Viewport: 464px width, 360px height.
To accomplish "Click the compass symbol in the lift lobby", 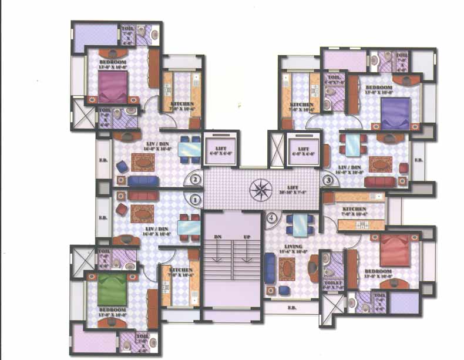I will click(258, 189).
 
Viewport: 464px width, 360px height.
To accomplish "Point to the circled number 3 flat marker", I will click(327, 180).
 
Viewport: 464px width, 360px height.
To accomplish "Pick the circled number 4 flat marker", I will click(271, 218).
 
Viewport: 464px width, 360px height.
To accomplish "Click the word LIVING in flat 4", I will click(292, 247).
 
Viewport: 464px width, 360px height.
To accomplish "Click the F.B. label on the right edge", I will click(418, 160).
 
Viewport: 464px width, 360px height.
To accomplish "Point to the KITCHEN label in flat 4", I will click(354, 210).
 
